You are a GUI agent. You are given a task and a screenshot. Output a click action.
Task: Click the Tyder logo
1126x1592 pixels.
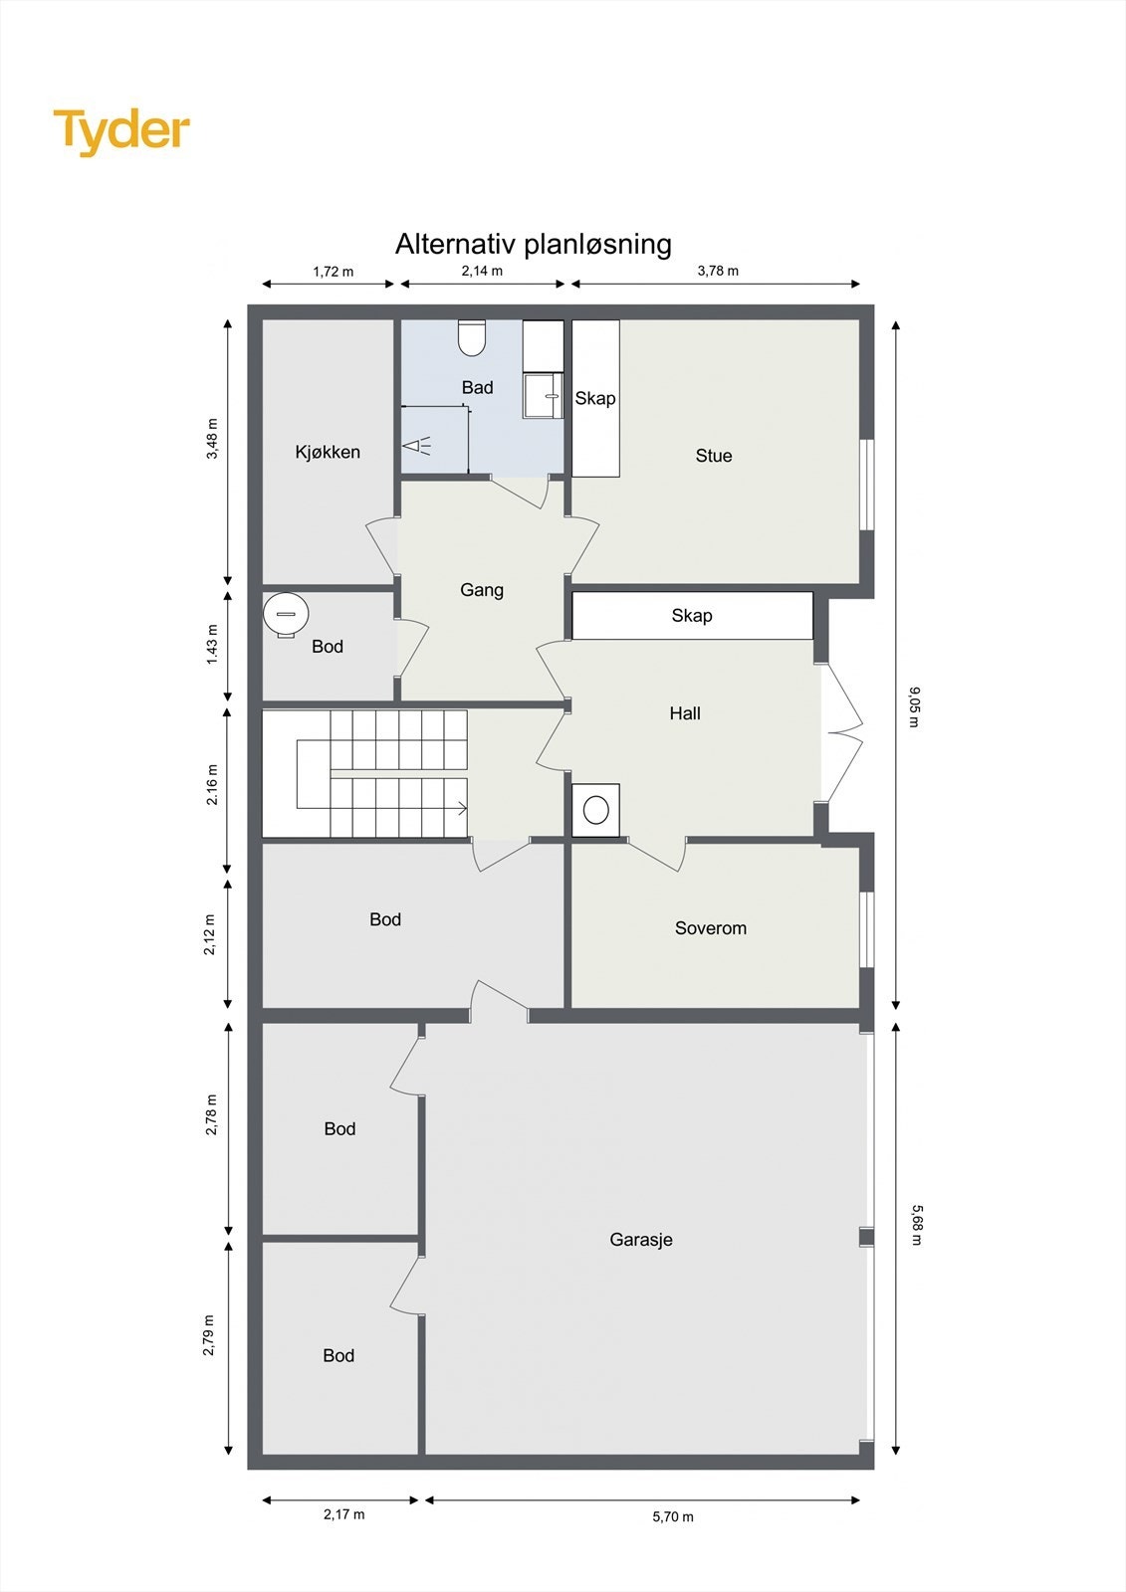121,131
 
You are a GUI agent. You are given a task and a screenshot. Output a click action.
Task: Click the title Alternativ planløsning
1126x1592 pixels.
533,244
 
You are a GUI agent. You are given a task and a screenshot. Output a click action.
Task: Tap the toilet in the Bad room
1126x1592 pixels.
472,338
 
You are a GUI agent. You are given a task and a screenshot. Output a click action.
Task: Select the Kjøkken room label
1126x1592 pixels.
328,452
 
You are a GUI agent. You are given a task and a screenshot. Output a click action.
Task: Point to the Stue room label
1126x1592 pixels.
714,456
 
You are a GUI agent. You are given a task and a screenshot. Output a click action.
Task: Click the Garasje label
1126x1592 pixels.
641,1240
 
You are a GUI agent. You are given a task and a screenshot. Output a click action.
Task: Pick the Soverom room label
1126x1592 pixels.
711,928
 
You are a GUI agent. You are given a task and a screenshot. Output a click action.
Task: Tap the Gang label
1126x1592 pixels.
482,590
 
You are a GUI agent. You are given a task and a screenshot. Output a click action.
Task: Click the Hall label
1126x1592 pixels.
685,713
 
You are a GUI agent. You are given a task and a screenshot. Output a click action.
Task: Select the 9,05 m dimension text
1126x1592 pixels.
914,706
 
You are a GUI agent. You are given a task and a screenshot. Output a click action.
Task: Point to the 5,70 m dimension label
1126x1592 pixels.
673,1516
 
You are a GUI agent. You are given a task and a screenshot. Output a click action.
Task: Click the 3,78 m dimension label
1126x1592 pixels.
718,271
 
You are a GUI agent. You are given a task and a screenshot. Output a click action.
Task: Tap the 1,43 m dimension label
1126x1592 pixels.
211,645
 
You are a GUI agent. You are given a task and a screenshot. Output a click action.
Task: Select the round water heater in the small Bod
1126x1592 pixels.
286,613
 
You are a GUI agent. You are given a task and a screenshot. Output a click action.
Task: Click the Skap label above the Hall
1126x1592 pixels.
692,616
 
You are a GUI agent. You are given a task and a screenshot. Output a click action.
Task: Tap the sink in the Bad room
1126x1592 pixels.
544,395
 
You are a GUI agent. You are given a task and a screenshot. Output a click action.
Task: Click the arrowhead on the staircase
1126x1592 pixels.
462,808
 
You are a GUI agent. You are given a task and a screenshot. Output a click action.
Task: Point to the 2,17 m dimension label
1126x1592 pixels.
344,1514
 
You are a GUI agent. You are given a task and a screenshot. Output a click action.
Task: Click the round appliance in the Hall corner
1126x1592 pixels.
596,810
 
